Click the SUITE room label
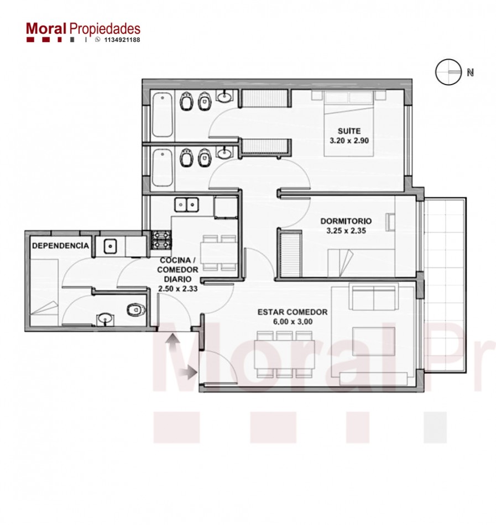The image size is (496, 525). point(349,131)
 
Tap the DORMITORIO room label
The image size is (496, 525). point(346,221)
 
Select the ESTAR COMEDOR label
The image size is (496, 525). point(293,312)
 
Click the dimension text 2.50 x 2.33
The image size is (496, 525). point(178,288)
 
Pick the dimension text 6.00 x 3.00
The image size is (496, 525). point(293,322)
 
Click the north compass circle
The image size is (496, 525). point(448,72)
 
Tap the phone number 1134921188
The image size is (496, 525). point(122,40)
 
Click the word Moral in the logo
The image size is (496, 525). point(46,29)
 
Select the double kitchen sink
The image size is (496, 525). point(186,204)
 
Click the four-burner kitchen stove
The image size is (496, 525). point(161,240)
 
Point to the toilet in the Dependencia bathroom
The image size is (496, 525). point(137,309)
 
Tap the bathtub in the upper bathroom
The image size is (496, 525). point(163,114)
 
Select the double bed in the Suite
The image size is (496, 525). point(349,123)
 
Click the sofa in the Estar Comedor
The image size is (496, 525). point(373,297)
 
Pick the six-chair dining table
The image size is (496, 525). point(284,354)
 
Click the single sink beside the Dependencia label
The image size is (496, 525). point(110,246)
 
